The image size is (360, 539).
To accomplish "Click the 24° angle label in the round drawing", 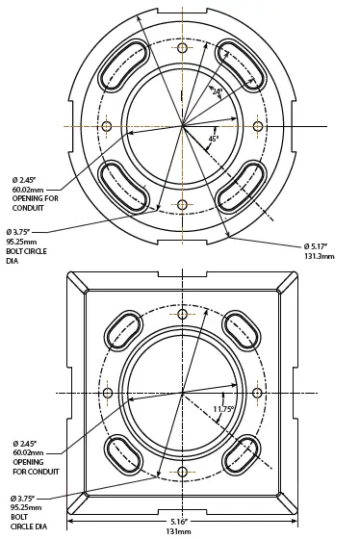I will point(218,91).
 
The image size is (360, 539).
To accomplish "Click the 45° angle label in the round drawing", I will point(214,139).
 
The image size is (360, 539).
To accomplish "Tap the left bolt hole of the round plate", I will point(107,126).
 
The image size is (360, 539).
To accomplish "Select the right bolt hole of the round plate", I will point(258,126).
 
